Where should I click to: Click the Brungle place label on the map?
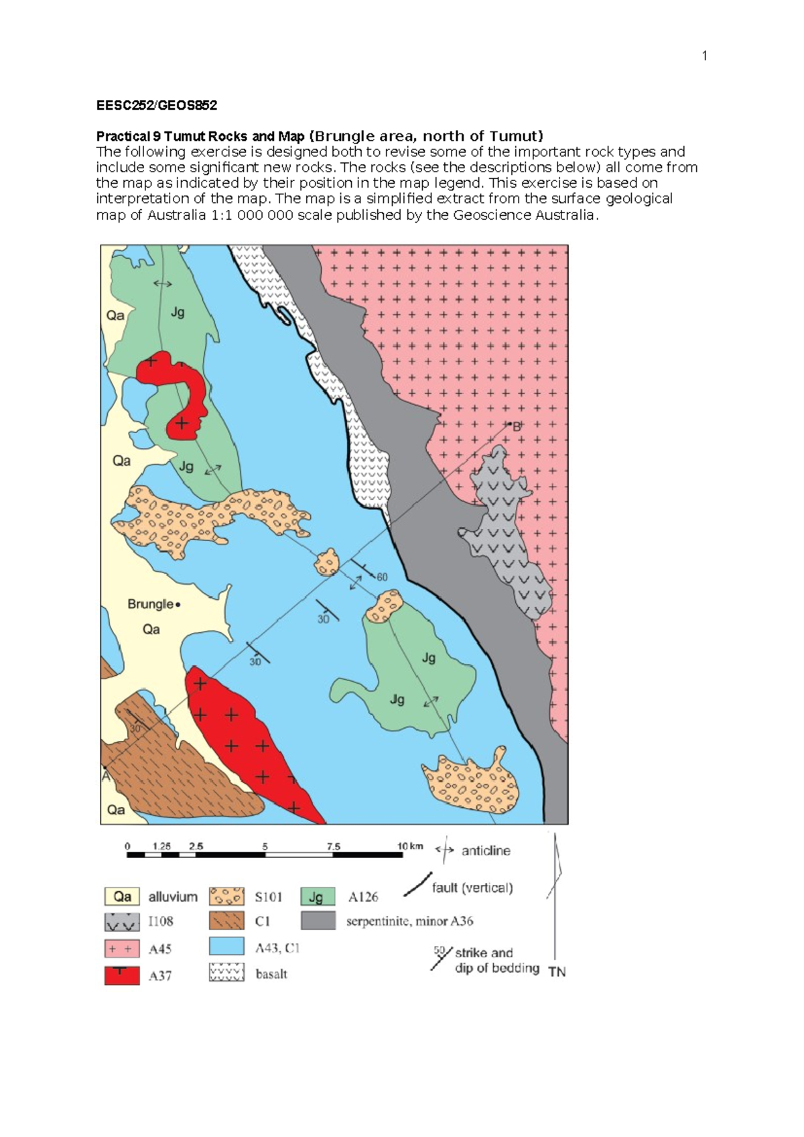[x=151, y=604]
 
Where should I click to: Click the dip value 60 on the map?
[x=381, y=577]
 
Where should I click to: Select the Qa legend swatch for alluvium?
[x=122, y=896]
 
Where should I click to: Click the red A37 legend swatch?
[x=122, y=975]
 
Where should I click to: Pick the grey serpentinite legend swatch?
[x=318, y=920]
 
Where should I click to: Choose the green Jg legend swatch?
[x=318, y=896]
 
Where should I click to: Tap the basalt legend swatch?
[x=226, y=973]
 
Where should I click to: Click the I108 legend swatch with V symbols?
[x=122, y=922]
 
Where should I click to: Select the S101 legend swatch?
[x=226, y=896]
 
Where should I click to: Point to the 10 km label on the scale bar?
[x=410, y=846]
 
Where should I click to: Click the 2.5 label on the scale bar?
[x=196, y=846]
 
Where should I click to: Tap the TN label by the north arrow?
[x=557, y=971]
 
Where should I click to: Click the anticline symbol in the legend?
[x=445, y=850]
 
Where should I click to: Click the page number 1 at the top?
[x=704, y=56]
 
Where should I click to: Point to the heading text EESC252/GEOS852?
[x=156, y=105]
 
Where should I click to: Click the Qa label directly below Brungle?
[x=151, y=630]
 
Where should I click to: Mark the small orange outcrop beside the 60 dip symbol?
[x=327, y=562]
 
